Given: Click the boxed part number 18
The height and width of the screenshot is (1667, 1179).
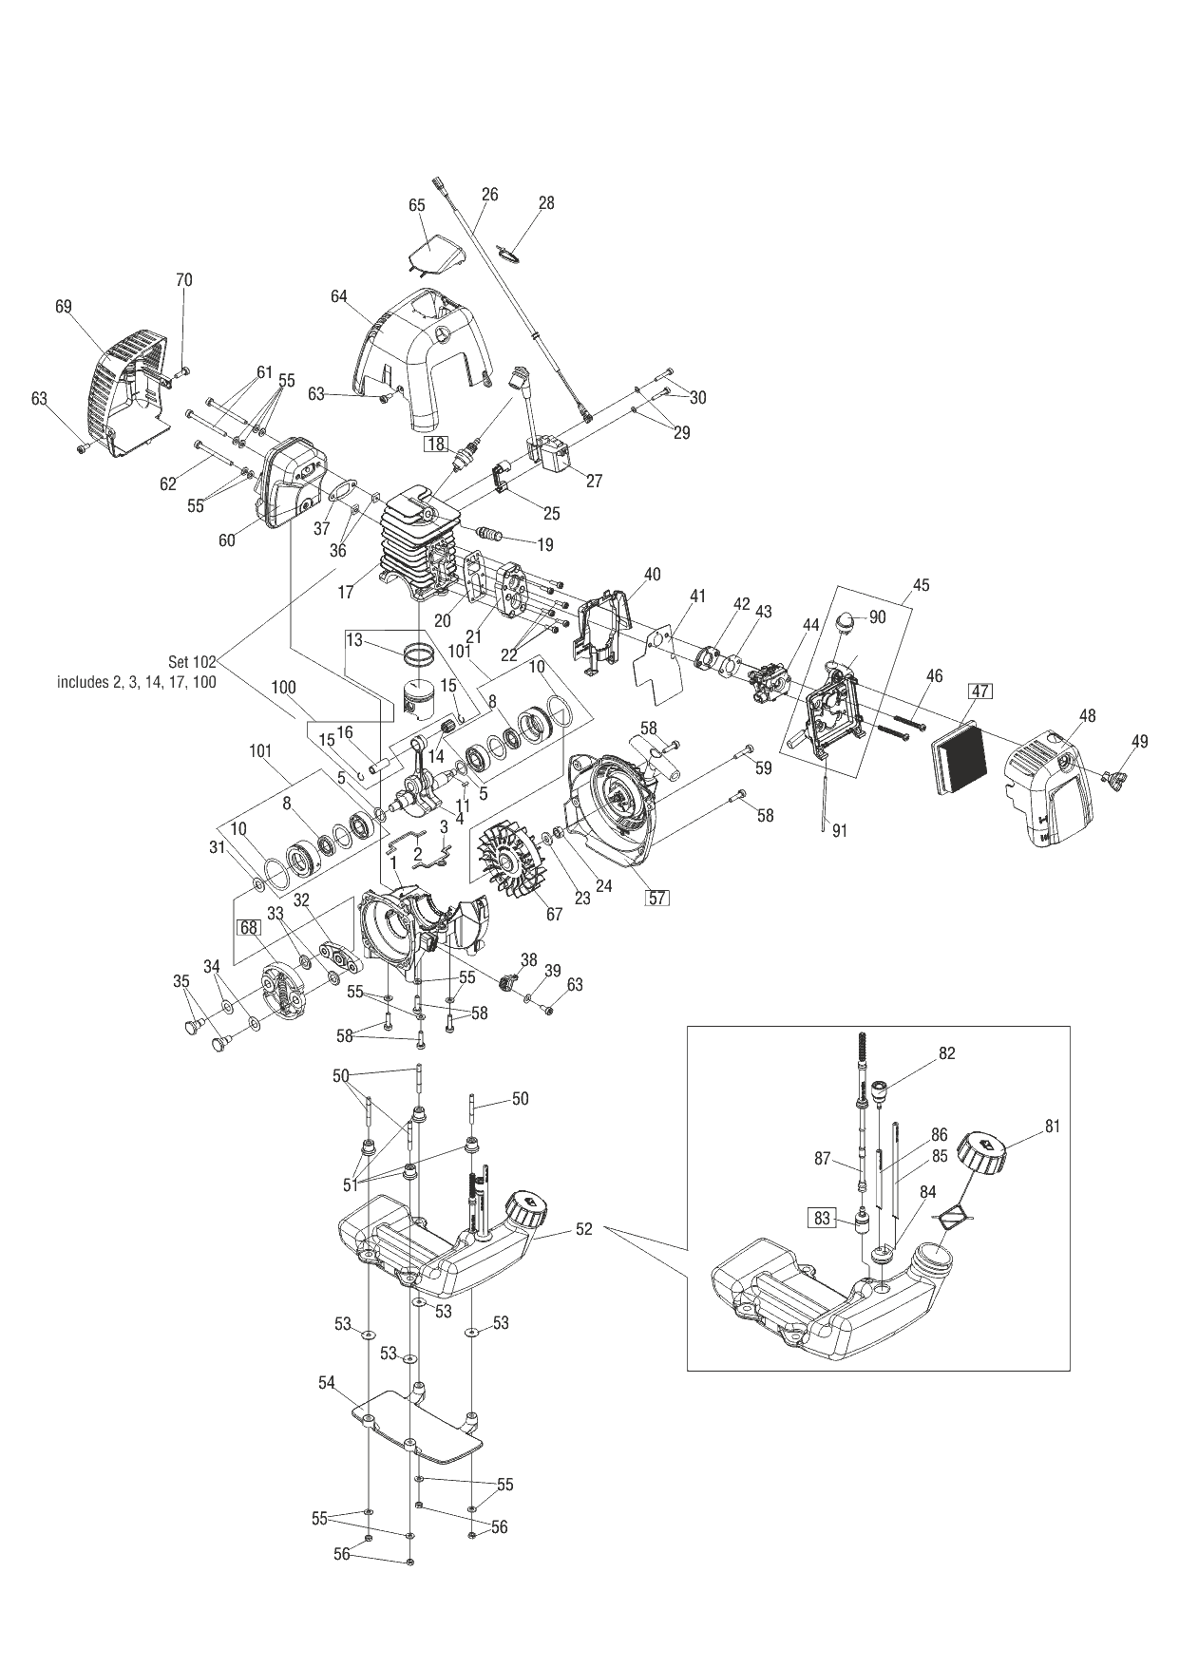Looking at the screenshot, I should pyautogui.click(x=436, y=444).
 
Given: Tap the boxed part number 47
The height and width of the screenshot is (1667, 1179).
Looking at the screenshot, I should pyautogui.click(x=980, y=691).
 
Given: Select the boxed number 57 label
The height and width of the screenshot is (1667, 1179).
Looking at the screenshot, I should pyautogui.click(x=657, y=896).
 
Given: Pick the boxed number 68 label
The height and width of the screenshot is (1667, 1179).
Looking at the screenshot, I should pyautogui.click(x=249, y=927).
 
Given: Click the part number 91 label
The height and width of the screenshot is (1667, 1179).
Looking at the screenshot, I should pyautogui.click(x=840, y=830).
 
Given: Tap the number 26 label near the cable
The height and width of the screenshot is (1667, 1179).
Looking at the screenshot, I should pyautogui.click(x=489, y=195).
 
